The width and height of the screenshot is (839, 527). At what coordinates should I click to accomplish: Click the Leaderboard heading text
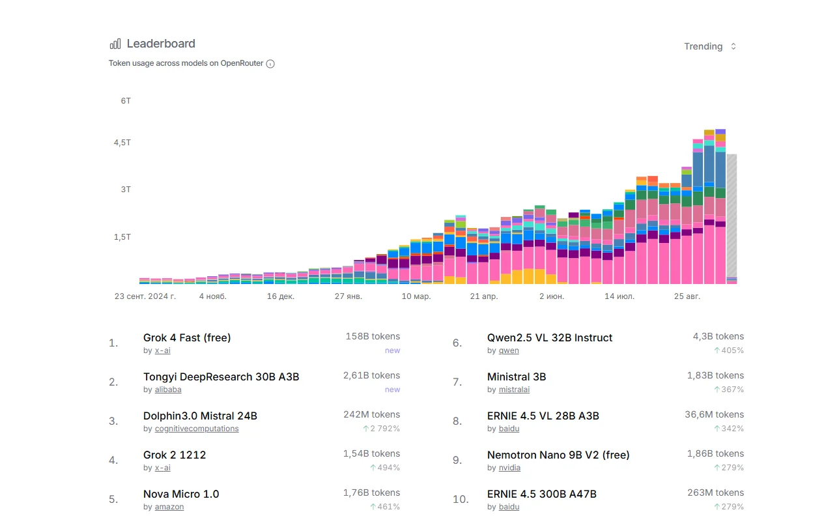tap(161, 44)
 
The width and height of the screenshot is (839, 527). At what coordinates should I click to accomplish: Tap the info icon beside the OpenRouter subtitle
tap(270, 64)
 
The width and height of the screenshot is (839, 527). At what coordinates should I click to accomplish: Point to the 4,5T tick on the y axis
tap(122, 143)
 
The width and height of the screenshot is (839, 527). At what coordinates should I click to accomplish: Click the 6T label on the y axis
tap(126, 101)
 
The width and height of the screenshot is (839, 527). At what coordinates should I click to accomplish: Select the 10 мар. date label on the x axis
tap(416, 296)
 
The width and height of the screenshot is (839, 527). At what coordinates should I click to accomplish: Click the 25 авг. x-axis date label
tap(687, 296)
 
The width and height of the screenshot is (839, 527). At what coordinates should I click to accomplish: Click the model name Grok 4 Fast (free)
tap(187, 337)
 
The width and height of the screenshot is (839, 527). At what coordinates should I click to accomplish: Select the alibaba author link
tap(168, 390)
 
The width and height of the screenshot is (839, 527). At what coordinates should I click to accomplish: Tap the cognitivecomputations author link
tap(197, 429)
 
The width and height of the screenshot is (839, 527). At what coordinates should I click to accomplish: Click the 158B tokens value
tap(373, 336)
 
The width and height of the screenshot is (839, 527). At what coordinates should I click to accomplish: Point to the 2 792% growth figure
tap(381, 429)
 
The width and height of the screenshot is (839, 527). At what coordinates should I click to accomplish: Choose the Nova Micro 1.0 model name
tap(181, 494)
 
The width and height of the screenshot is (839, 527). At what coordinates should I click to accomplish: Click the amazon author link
tap(169, 507)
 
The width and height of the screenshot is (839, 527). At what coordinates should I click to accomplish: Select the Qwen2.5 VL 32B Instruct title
tap(550, 337)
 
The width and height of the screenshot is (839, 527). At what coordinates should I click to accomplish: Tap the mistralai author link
tap(514, 390)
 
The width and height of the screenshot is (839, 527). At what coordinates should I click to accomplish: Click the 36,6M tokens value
tap(715, 415)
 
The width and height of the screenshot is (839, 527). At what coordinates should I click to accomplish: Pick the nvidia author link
tap(509, 468)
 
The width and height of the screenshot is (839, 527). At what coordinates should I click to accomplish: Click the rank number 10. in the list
tap(461, 499)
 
